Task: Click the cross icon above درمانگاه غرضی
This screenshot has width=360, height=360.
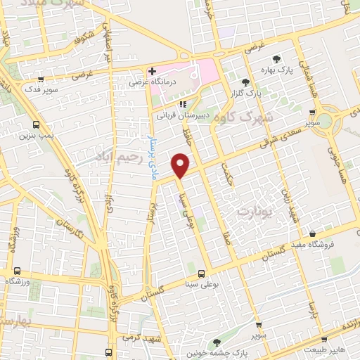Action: [x=151, y=71]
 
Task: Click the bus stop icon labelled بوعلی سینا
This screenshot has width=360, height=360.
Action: [x=202, y=274]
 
